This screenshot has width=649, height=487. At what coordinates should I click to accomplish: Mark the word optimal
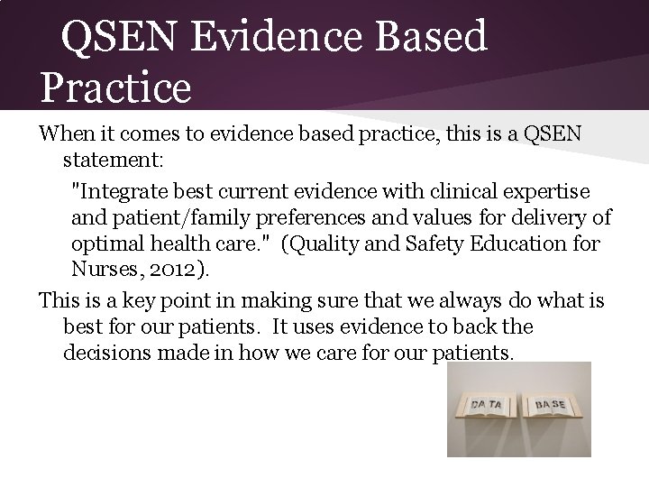[x=108, y=243]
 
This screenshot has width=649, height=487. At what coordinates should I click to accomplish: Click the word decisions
[x=105, y=352]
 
